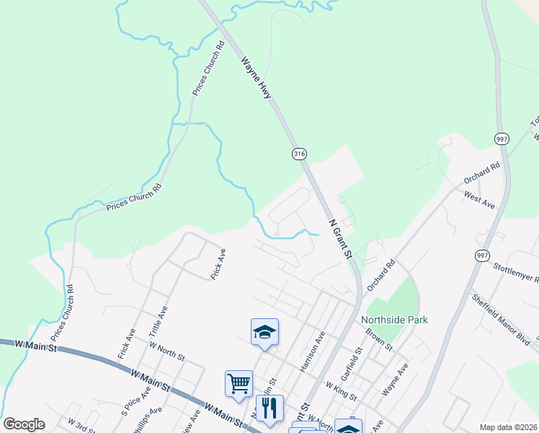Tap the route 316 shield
coord(299,154)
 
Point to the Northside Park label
coord(394,320)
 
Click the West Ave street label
coord(479,200)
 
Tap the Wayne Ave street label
coord(396,379)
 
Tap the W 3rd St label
coord(81,425)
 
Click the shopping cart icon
coord(239,382)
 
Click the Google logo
coord(24,424)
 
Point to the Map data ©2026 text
coord(507,427)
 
